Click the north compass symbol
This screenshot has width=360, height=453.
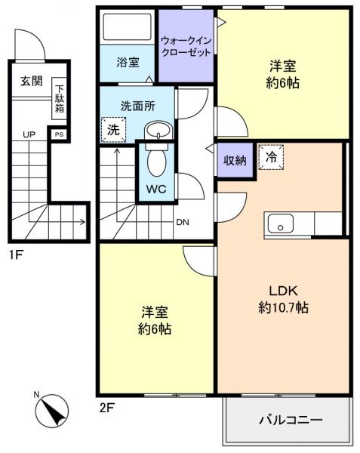pyautogui.click(x=50, y=412)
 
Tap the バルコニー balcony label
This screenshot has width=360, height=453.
pyautogui.click(x=291, y=420)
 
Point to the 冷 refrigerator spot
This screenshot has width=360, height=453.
pyautogui.click(x=269, y=158)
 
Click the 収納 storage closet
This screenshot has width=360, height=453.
pyautogui.click(x=234, y=160)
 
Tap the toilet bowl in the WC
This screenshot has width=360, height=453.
pyautogui.click(x=156, y=160)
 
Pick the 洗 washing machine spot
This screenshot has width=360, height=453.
pyautogui.click(x=112, y=129)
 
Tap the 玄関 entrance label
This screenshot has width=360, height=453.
pyautogui.click(x=30, y=82)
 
